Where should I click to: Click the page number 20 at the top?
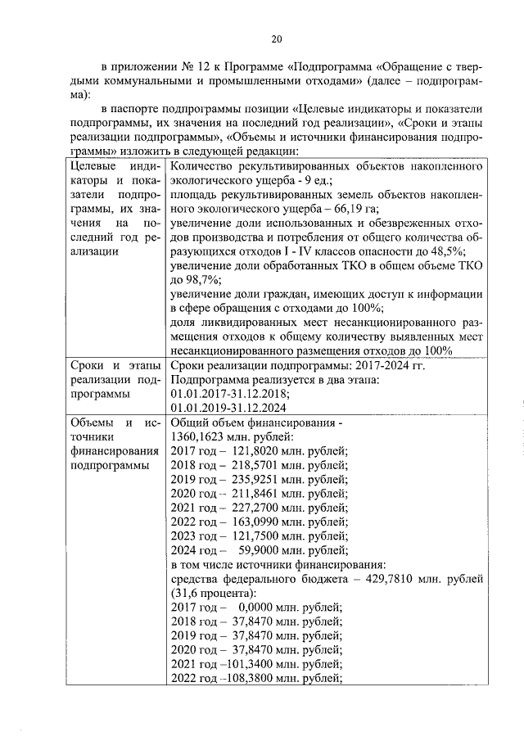(277, 38)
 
